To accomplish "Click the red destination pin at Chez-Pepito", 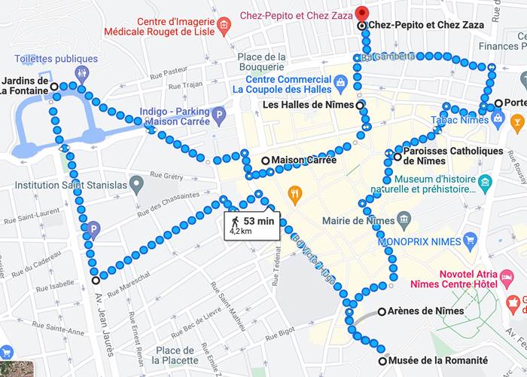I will tap(362, 13).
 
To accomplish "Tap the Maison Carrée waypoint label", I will tap(298, 161).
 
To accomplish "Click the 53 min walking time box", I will tap(252, 225).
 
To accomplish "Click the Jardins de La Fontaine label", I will tap(25, 86).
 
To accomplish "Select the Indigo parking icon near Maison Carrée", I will tap(218, 116).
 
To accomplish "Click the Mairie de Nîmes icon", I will tap(405, 221).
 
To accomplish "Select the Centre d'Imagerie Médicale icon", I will tap(223, 27).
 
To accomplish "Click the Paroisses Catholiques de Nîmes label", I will tap(452, 155).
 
